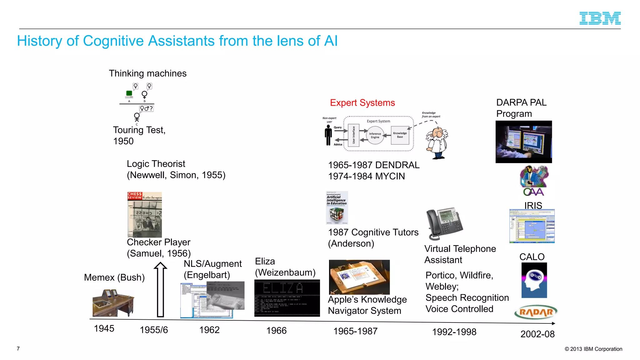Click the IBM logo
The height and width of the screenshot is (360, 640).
[x=600, y=18]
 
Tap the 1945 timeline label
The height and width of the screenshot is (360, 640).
[x=104, y=328]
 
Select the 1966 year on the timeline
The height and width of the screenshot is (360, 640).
[x=276, y=330]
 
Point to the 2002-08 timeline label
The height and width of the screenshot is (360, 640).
[x=537, y=334]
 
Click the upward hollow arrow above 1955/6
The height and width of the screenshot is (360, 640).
[x=160, y=289]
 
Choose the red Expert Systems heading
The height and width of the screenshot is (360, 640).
[x=362, y=103]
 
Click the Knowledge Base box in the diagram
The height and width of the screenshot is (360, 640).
[x=400, y=135]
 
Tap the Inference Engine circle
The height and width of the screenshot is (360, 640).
[x=375, y=135]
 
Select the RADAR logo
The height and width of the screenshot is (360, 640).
[x=536, y=312]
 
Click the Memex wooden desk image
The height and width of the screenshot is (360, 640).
[x=113, y=302]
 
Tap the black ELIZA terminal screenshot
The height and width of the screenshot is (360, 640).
[x=287, y=298]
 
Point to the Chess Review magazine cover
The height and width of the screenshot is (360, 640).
[x=144, y=215]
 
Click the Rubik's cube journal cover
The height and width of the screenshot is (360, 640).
[x=337, y=208]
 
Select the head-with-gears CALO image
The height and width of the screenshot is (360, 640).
[x=534, y=280]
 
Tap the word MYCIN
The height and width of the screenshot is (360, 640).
[x=390, y=176]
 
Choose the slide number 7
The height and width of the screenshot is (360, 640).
[x=18, y=349]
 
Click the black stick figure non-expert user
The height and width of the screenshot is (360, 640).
[x=328, y=135]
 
